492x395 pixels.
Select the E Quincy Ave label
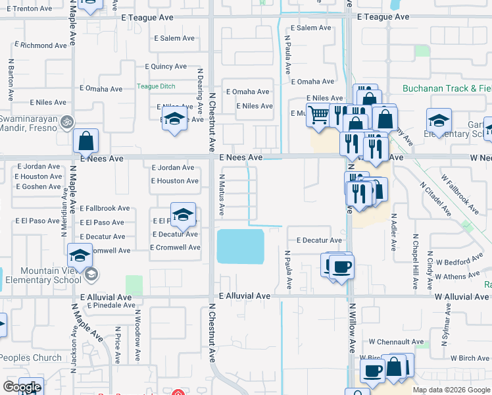tap(166, 66)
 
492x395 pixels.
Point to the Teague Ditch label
tap(156, 86)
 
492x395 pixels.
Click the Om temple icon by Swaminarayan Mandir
tap(65, 122)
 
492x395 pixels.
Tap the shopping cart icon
tap(318, 115)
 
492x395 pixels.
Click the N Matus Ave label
tap(222, 196)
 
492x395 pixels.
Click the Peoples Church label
tap(31, 358)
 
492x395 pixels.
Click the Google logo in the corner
tap(22, 387)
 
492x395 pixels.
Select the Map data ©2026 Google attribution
tap(451, 390)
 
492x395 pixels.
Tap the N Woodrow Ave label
tap(137, 343)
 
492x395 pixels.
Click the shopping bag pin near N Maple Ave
tap(86, 141)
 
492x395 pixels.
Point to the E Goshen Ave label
tap(37, 187)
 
